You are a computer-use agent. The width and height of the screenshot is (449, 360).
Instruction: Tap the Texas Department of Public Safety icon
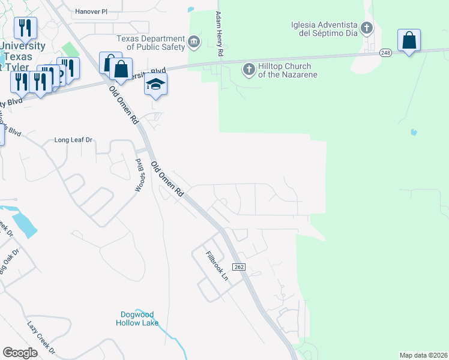tap(194, 41)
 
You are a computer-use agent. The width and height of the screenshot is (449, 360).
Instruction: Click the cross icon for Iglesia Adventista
tap(366, 28)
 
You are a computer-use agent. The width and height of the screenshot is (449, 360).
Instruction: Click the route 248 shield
tap(385, 53)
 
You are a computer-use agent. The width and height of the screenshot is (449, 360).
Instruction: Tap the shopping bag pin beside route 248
tap(409, 40)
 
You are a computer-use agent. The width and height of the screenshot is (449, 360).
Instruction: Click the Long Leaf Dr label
tap(74, 140)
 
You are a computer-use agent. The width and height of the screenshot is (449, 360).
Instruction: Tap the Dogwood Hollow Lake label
tap(137, 318)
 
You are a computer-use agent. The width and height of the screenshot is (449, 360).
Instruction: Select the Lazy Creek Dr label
tap(41, 337)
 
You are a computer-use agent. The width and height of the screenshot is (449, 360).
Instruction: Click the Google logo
tap(20, 353)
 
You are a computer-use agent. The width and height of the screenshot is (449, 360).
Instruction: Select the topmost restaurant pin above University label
tap(25, 28)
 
